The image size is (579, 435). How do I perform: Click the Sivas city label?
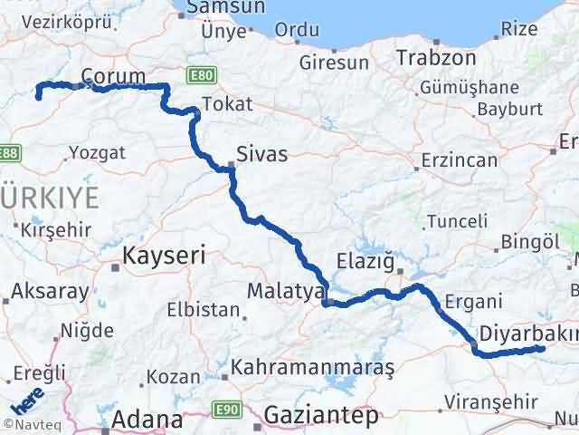tap(261, 154)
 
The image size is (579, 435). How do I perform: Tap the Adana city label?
tap(147, 420)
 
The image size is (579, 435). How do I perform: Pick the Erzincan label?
tap(459, 161)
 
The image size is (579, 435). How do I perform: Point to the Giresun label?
tap(335, 63)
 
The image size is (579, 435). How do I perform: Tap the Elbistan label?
tap(203, 310)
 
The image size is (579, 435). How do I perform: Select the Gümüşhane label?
tap(469, 88)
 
